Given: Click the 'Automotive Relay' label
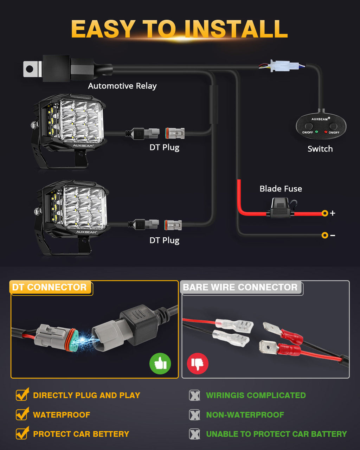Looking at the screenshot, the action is (122, 86).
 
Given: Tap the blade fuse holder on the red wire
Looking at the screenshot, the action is (281, 208).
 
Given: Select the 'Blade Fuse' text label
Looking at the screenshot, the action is (281, 189).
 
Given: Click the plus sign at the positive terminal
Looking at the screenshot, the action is (332, 213).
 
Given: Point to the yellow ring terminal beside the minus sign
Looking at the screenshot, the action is (324, 235).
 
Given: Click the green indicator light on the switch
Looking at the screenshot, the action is (316, 132).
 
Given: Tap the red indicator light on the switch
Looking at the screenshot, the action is (326, 132).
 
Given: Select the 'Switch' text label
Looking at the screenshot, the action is (320, 149).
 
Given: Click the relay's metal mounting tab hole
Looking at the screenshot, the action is (30, 69).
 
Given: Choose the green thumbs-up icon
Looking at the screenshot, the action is (160, 364).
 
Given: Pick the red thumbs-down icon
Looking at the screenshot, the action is (198, 364).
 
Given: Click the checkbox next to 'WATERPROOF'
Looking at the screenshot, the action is (22, 414).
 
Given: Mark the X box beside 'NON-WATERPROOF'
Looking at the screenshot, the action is (194, 414).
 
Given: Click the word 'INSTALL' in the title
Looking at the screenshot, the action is (236, 29).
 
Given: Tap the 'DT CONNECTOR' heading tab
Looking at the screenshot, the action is (50, 287).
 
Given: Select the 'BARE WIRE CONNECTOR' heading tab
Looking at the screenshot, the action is (240, 287).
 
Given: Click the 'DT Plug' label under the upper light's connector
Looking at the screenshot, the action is (165, 148).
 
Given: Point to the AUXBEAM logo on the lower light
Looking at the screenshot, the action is (86, 232).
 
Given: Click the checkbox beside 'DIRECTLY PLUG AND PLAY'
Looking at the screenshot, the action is (22, 394).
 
